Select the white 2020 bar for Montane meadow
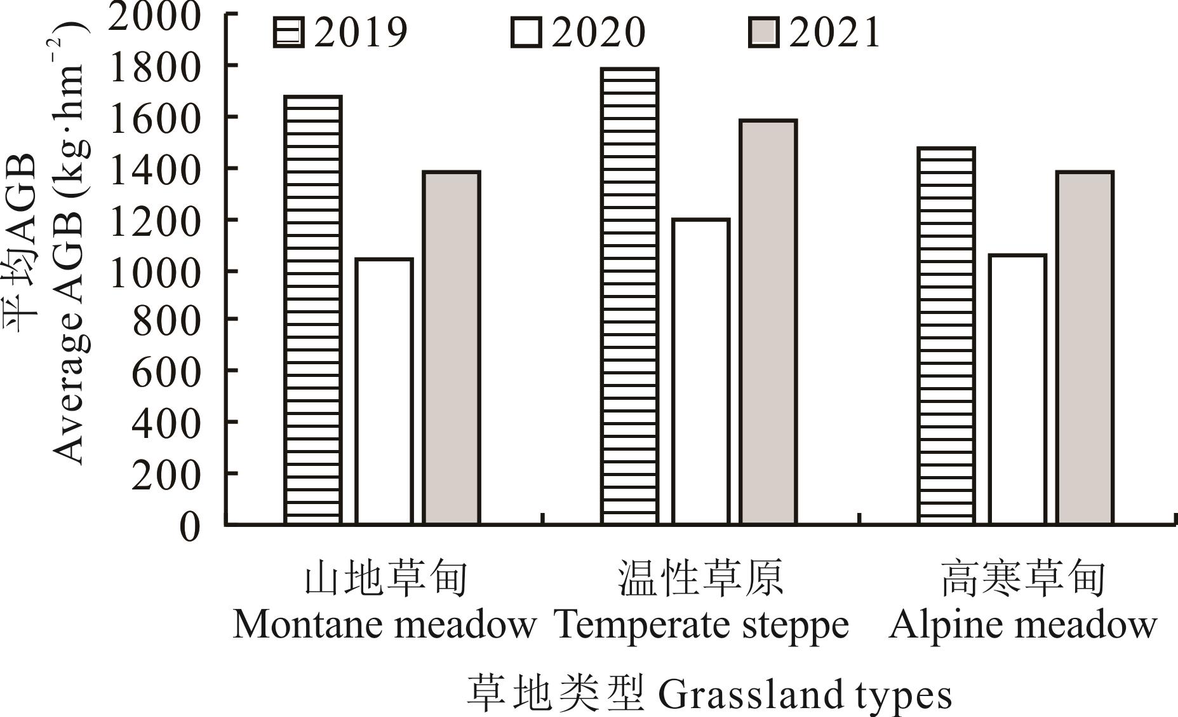point(384,391)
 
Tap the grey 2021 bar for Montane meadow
point(452,348)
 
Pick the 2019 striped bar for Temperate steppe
point(629,296)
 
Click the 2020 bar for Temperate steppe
point(700,371)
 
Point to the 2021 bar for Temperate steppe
point(768,322)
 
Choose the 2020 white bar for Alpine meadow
point(1017,389)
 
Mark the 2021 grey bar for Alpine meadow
point(1085,348)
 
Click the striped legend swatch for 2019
point(288,32)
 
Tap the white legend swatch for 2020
point(526,32)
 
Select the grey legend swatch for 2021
point(763,32)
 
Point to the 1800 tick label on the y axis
point(155,67)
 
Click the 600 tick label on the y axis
point(166,372)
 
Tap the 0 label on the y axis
point(189,526)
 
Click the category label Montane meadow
point(385,624)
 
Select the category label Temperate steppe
point(702,624)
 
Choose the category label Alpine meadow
point(1022,624)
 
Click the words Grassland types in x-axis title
point(805,694)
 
